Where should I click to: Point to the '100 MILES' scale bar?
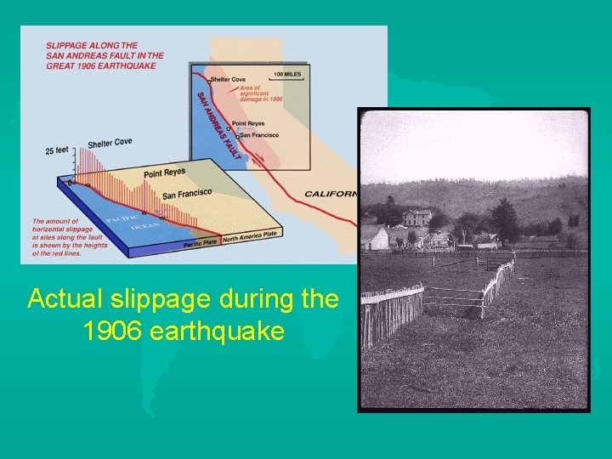pyautogui.click(x=287, y=75)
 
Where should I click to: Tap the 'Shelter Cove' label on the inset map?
pyautogui.click(x=228, y=79)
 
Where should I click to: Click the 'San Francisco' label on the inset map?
pyautogui.click(x=258, y=134)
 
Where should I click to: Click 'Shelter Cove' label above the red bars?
pyautogui.click(x=110, y=143)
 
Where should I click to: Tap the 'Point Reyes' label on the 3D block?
pyautogui.click(x=164, y=173)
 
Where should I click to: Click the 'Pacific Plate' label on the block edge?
pyautogui.click(x=202, y=244)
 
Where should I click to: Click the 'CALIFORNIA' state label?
pyautogui.click(x=330, y=194)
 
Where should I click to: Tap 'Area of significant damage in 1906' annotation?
pyautogui.click(x=261, y=93)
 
